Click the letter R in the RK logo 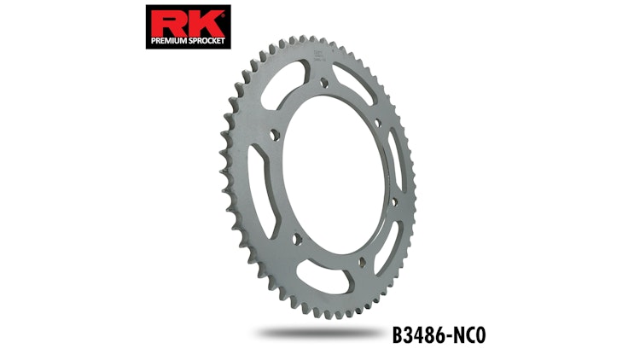tap(164, 20)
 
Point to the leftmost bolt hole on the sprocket tap(272, 134)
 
